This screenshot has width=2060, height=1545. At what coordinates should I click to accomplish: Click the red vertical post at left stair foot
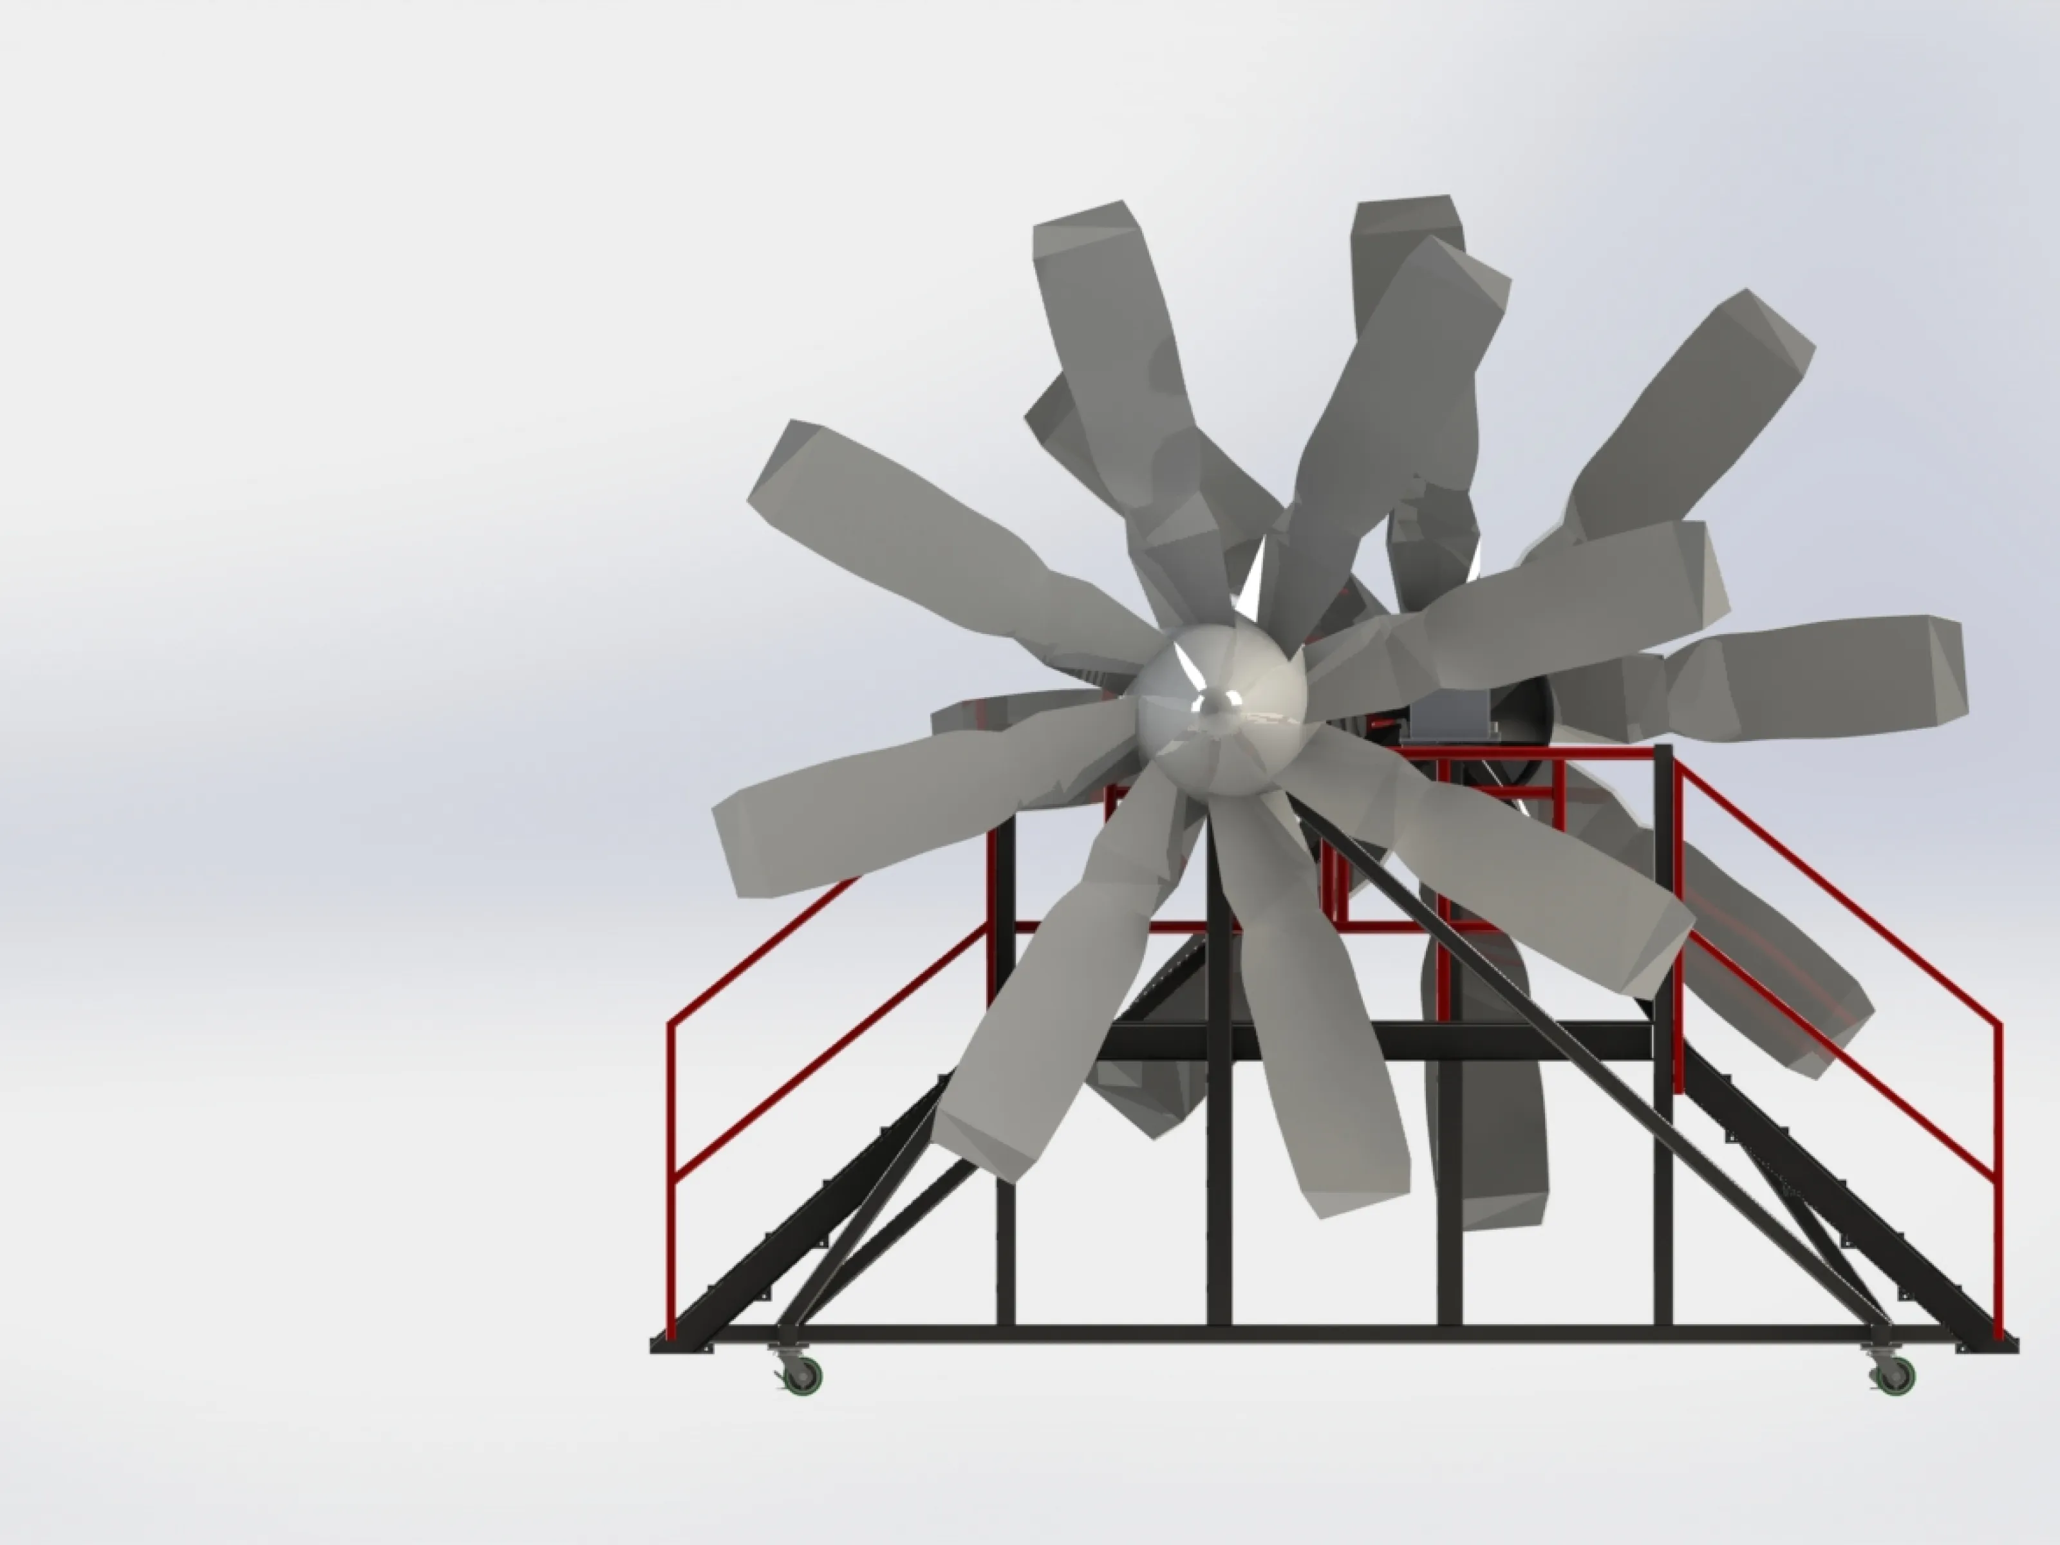click(671, 1211)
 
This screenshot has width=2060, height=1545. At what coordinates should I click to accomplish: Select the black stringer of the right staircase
click(1862, 1230)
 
